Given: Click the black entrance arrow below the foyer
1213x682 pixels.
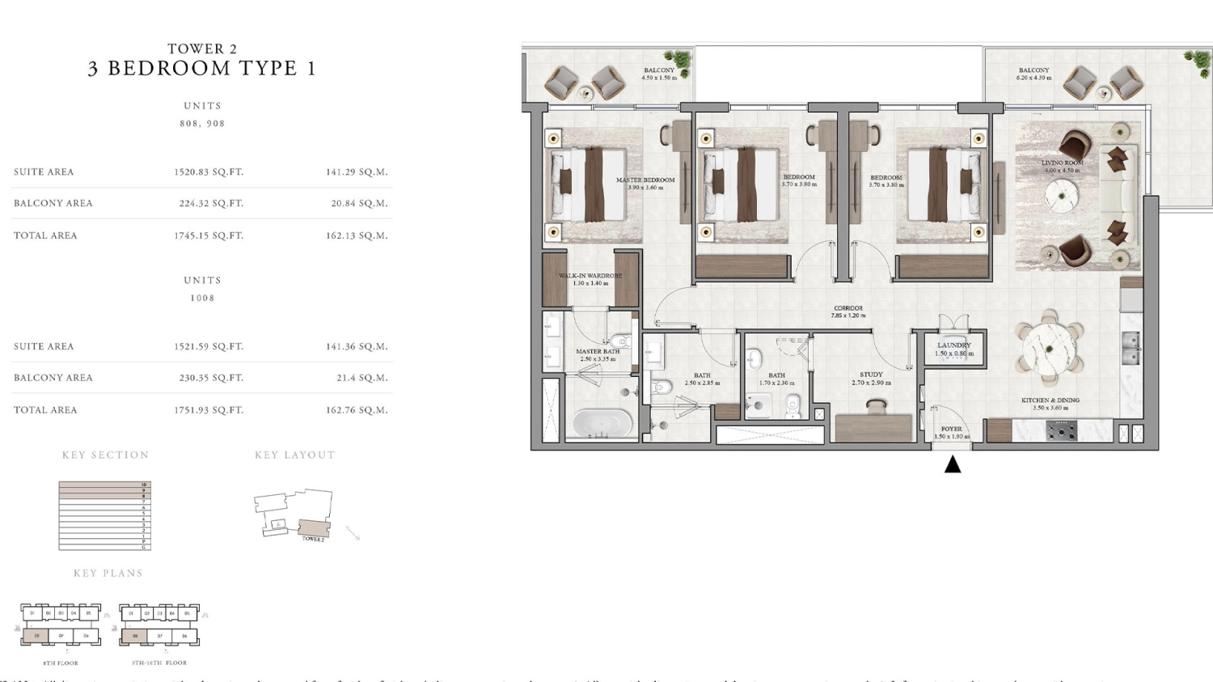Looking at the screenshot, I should coord(953,464).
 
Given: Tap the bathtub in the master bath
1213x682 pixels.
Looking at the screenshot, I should coord(602,422).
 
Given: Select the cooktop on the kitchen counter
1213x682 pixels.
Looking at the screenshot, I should coord(1062,430).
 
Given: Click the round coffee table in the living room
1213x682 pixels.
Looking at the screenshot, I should coord(1061,195).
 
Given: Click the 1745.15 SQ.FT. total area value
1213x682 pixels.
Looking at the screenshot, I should coord(209,235).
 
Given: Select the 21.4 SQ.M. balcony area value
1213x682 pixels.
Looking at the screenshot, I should coord(362,378).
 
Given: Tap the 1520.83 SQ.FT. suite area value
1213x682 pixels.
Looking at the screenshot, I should coord(209,172).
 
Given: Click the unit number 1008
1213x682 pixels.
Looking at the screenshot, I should coord(202,299).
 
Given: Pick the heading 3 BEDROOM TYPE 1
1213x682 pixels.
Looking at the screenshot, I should coord(202,69).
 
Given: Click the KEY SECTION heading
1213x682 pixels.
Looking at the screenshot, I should coord(106,455).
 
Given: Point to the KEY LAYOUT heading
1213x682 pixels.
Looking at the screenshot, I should coord(295,455).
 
